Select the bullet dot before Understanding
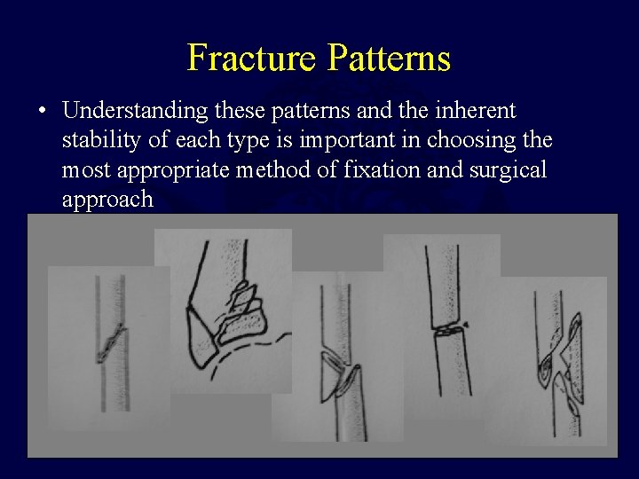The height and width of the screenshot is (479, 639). coord(42,113)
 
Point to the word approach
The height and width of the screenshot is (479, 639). coord(107,199)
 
